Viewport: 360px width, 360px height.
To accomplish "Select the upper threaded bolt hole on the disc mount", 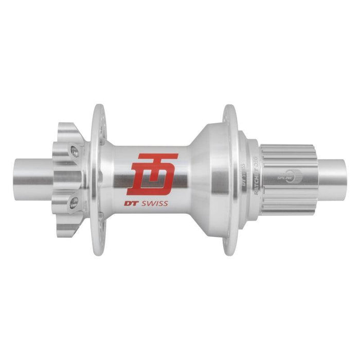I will [75, 150].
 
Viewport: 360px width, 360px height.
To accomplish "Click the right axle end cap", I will [334, 175].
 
